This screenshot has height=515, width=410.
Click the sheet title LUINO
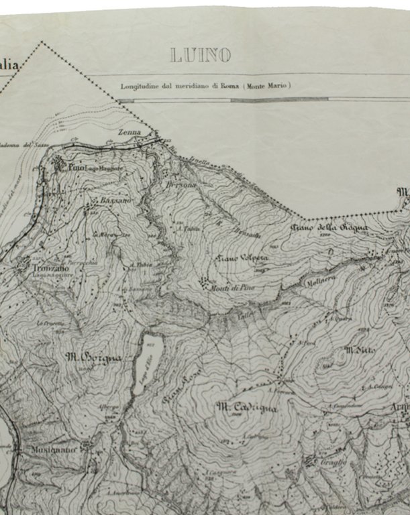tap(201, 55)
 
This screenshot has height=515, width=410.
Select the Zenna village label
tap(130, 133)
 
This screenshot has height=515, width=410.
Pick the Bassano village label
tap(112, 200)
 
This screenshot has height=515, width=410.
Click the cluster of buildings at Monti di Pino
tap(203, 282)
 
